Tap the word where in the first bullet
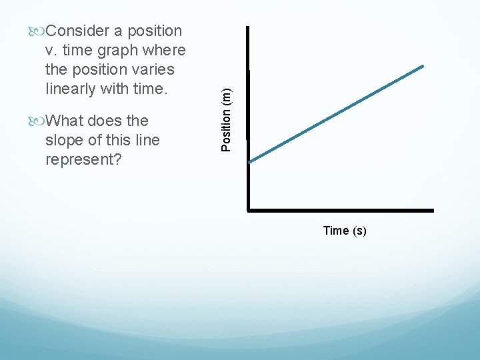167,50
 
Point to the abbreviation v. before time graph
52,50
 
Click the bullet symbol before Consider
37,31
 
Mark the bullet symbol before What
37,121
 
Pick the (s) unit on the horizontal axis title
359,231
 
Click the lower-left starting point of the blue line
250,161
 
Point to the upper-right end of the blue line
423,66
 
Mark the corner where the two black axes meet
248,210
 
